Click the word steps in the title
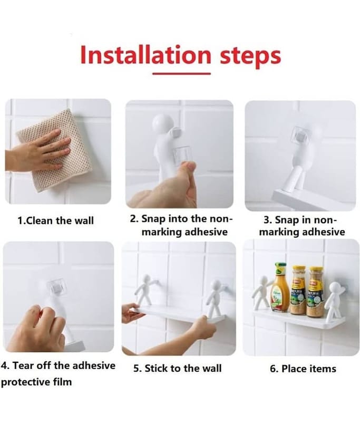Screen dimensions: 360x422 tap(250, 57)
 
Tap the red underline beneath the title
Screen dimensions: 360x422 tap(181, 73)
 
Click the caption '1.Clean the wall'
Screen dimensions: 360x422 tap(56, 220)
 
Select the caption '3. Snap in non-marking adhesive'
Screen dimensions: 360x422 tap(301, 226)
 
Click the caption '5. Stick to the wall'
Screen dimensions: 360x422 tap(178, 368)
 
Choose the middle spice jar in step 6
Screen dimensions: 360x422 tap(298, 290)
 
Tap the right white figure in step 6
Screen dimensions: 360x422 tap(334, 302)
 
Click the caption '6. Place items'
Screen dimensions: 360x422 tap(303, 368)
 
